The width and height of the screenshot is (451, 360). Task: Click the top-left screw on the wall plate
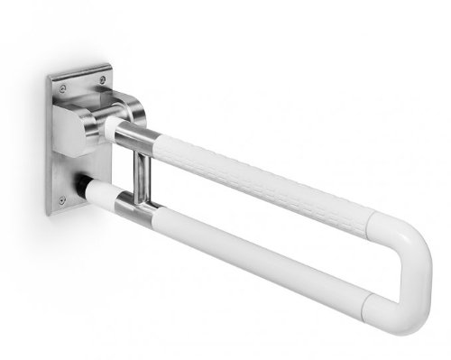point(62,88)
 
